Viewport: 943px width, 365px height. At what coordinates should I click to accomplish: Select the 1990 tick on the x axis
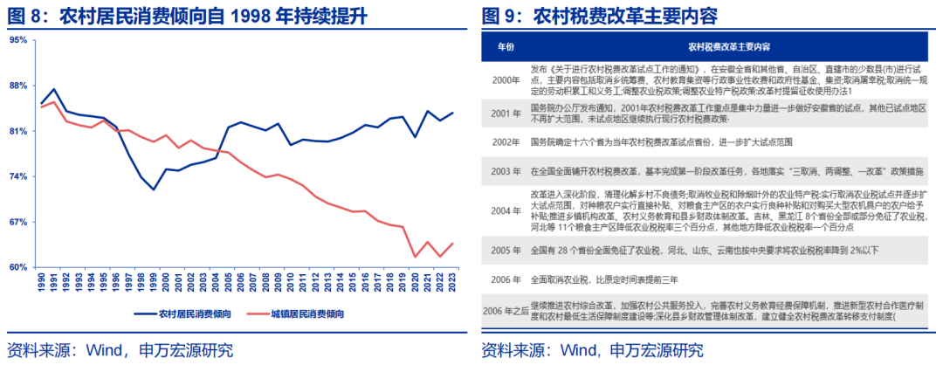point(41,283)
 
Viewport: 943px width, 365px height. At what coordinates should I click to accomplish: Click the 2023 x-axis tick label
point(452,283)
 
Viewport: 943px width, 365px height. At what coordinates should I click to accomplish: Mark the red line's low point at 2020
point(415,257)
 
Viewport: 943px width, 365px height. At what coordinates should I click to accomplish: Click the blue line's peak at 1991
point(54,89)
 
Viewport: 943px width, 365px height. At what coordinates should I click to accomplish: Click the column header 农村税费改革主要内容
point(728,45)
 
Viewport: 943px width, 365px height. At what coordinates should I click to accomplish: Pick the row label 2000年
point(506,79)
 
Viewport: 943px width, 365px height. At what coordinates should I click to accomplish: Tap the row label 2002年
point(506,142)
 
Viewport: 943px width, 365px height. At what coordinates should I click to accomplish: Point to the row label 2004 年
point(506,210)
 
